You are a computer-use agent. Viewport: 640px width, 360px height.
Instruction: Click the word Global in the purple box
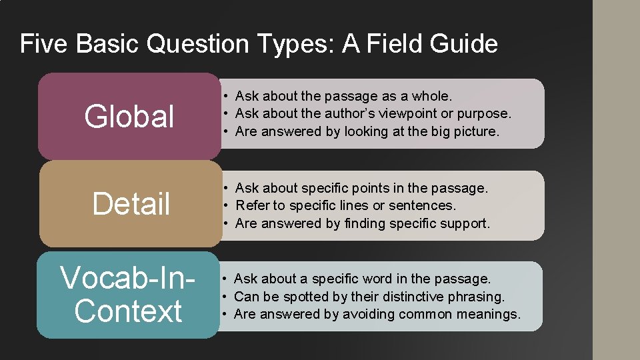coord(129,116)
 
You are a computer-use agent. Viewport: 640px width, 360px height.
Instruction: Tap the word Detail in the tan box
coord(131,203)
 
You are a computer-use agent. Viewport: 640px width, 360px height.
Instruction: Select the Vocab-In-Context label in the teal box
coord(128,295)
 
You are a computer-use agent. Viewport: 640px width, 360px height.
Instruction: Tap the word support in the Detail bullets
coord(465,223)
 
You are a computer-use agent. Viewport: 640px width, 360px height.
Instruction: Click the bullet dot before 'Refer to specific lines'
coord(227,206)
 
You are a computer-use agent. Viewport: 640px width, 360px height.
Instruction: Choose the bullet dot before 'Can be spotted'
coord(227,297)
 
